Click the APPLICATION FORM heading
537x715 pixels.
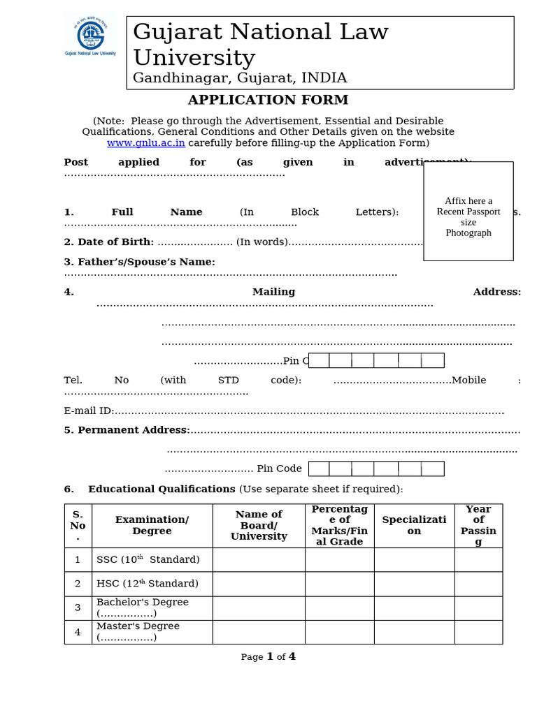tap(268, 100)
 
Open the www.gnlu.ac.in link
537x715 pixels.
tap(145, 143)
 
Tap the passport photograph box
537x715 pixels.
tap(468, 211)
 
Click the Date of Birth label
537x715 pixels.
tap(108, 242)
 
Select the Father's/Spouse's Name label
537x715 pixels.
tap(139, 262)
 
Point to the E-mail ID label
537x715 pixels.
tap(88, 411)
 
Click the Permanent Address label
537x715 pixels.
tap(127, 430)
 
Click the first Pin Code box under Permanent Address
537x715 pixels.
tap(319, 469)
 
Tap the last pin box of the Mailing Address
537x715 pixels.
tap(432, 360)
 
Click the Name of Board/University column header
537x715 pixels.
tap(259, 526)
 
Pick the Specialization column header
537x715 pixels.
tap(414, 526)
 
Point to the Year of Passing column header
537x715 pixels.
tap(478, 526)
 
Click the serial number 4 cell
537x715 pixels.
tap(78, 633)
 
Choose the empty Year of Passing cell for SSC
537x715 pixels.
tap(478, 560)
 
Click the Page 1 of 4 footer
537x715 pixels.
tap(268, 657)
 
